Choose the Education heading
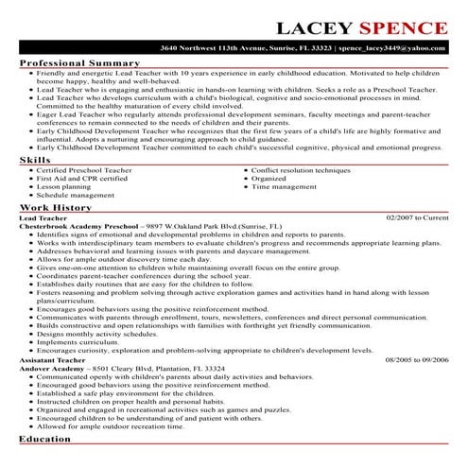pyautogui.click(x=45, y=441)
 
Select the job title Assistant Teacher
pyautogui.click(x=51, y=360)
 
